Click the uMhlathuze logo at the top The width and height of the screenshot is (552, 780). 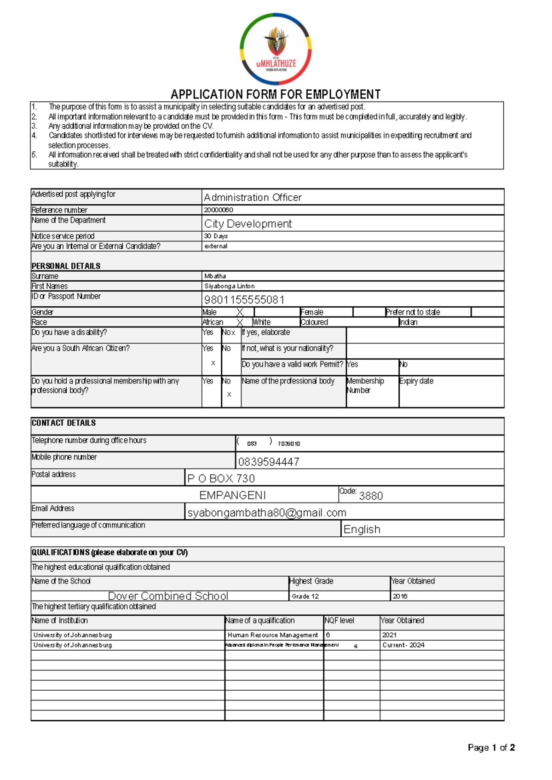click(x=276, y=49)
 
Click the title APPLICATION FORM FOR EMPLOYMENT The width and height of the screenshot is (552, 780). click(x=276, y=94)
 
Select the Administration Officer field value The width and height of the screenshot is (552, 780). click(x=253, y=197)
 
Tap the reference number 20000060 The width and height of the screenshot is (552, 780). click(x=218, y=210)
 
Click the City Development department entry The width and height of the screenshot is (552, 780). click(x=248, y=224)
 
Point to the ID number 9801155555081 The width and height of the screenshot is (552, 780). click(x=244, y=299)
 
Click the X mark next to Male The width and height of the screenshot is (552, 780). click(x=240, y=312)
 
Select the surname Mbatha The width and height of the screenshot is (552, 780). click(x=215, y=276)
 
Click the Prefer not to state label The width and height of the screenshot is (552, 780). click(x=413, y=312)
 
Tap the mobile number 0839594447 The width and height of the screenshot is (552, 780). click(x=269, y=461)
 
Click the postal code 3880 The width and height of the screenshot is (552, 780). click(x=371, y=495)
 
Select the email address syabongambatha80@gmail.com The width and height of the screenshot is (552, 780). click(x=267, y=512)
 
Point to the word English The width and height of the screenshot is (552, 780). click(x=362, y=529)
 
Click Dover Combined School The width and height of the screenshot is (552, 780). click(x=168, y=596)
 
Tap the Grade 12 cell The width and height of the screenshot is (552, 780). click(x=305, y=596)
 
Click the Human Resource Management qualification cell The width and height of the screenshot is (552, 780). click(x=273, y=635)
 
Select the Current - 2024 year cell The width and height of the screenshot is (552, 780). click(x=403, y=645)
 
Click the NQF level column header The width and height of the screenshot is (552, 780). click(x=339, y=620)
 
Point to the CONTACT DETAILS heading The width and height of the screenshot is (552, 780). click(x=63, y=423)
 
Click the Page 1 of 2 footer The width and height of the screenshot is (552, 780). click(x=491, y=747)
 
